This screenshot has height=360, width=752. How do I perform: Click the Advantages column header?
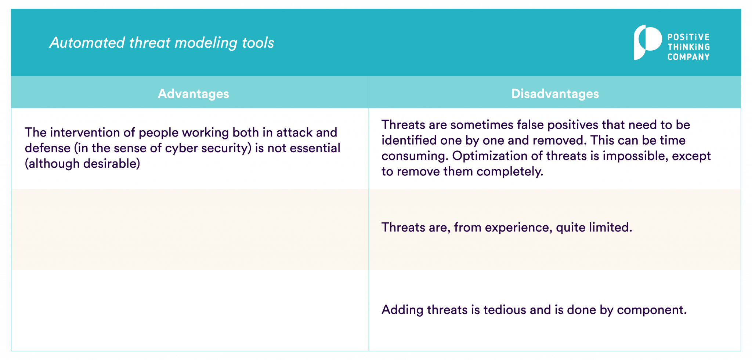pyautogui.click(x=193, y=94)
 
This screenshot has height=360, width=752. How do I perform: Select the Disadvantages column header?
pyautogui.click(x=555, y=94)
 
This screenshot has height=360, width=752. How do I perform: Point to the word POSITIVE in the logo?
pyautogui.click(x=688, y=37)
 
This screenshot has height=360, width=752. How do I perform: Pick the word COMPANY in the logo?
pyautogui.click(x=688, y=57)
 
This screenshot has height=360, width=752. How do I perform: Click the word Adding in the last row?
pyautogui.click(x=402, y=310)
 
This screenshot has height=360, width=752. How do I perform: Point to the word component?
pyautogui.click(x=651, y=310)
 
